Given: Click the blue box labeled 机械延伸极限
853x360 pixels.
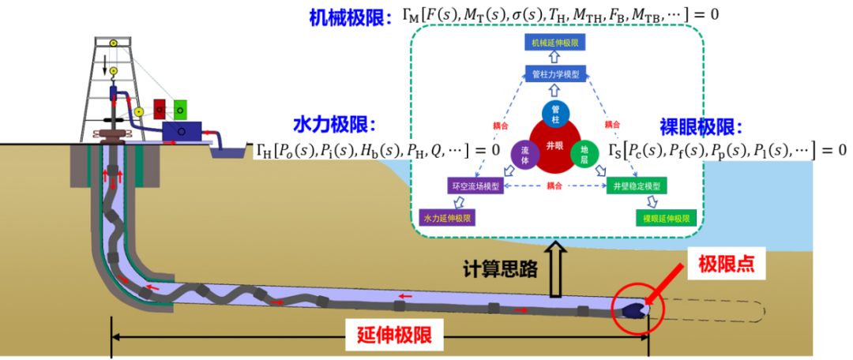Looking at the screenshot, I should (556, 43).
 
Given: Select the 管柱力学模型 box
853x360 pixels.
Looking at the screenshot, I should (556, 74).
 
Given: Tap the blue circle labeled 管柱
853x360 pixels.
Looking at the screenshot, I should (555, 115).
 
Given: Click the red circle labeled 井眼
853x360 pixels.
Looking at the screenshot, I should (555, 146).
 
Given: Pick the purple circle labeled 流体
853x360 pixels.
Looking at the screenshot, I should (524, 153).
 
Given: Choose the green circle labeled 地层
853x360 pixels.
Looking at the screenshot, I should (584, 153).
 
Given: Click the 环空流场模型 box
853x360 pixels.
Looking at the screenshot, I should (475, 186).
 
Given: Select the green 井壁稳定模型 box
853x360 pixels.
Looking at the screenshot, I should (637, 186).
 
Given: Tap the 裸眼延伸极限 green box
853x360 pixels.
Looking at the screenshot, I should (666, 217).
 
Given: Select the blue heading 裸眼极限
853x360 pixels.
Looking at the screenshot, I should (702, 126).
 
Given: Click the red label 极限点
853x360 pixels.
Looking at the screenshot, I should (726, 264).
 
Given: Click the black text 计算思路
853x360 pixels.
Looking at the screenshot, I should (500, 268).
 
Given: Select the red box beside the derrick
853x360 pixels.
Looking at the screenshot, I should (160, 108).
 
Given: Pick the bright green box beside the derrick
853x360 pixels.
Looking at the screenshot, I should (180, 108).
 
